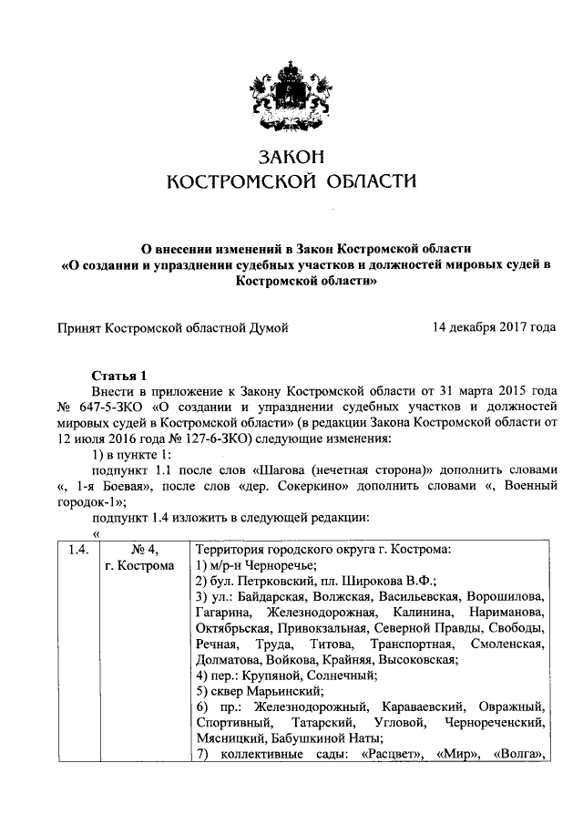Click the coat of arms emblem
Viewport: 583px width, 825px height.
click(x=291, y=82)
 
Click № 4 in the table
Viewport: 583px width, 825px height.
click(x=138, y=550)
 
